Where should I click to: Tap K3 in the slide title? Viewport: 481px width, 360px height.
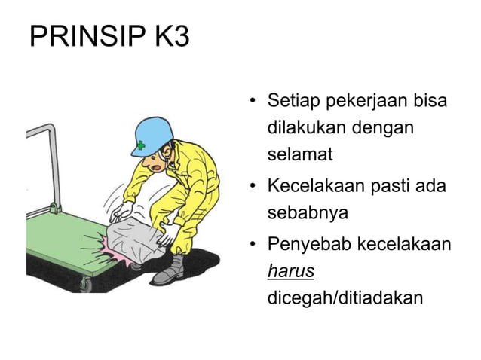173,37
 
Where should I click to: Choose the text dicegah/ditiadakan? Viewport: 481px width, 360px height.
345,298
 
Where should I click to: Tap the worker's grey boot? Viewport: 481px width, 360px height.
171,270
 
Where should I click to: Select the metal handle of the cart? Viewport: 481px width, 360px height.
41,162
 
